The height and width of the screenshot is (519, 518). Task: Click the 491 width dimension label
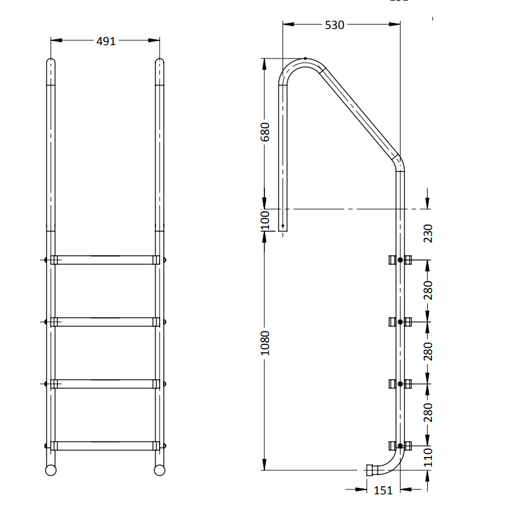coord(105,41)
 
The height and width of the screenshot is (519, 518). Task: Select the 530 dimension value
coord(334,25)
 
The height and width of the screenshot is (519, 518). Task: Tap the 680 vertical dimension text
coord(266,132)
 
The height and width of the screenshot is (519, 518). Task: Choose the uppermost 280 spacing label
coord(428,290)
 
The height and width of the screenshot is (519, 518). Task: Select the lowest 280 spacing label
coord(428,413)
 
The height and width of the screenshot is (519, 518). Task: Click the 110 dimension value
coord(428,458)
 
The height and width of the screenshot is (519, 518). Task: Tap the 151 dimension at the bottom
coord(383,490)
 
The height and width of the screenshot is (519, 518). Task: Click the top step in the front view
coord(105,260)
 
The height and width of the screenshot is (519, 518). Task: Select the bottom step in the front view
coord(105,446)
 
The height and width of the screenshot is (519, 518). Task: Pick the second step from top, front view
coord(105,322)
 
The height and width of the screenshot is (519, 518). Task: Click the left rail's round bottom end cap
coord(51,470)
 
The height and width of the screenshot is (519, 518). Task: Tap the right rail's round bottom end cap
coord(160,470)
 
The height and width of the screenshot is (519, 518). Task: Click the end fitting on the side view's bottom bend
coord(370,470)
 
